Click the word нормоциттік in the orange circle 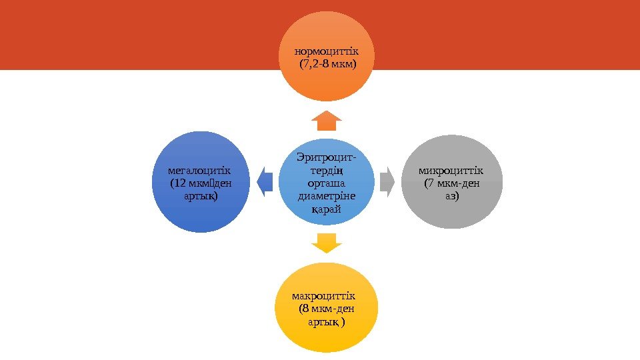[327, 51]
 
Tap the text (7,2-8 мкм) [327, 65]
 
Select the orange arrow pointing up [327, 120]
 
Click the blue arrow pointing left [265, 181]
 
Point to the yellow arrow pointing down [327, 243]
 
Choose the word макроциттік [324, 295]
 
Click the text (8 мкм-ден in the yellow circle [327, 309]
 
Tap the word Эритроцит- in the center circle [327, 157]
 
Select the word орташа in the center [327, 183]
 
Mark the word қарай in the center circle [327, 209]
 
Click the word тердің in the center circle [327, 170]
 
